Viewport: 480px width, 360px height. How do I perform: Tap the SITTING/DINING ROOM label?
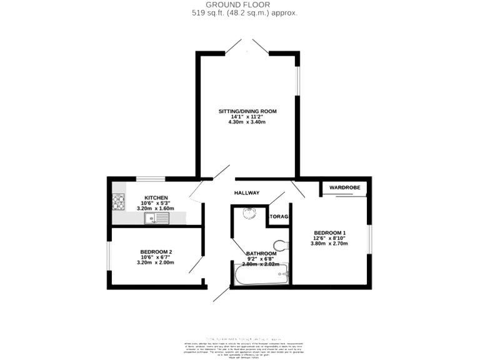coord(247,111)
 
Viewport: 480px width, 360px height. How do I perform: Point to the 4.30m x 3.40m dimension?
coord(247,122)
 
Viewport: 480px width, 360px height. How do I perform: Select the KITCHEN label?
coord(156,197)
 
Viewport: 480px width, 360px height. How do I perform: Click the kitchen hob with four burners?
coord(118,201)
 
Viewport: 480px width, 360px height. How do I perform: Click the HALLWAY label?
coord(247,192)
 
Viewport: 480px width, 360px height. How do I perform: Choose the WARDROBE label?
coord(344,187)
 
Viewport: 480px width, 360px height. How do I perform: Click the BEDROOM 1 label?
coord(330,232)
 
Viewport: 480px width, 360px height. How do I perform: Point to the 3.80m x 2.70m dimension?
coord(330,243)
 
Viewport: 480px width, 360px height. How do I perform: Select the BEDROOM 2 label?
coord(156,251)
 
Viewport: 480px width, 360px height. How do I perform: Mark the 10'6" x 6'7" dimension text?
coord(156,257)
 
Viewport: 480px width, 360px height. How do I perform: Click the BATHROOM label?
coord(261,253)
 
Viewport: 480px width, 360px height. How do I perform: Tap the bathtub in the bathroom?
coord(261,274)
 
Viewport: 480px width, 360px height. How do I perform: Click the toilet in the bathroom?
coord(281,244)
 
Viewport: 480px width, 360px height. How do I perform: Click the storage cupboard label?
coord(279,217)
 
